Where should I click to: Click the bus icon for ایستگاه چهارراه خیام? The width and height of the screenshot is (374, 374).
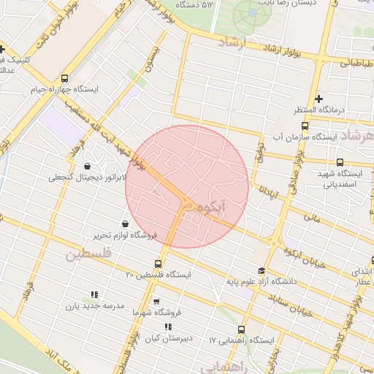pos(65,78)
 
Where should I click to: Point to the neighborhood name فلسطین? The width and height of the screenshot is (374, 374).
pos(88,255)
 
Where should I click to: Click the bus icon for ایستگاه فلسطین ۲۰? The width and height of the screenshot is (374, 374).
pos(159,264)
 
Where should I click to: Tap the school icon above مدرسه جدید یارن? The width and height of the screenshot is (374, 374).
pos(93,294)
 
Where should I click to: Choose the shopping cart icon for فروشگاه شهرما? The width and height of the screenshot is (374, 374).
pos(156,300)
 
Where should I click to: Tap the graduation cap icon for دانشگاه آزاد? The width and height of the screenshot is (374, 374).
pos(261,270)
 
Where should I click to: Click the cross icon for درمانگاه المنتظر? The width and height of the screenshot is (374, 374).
pos(318,99)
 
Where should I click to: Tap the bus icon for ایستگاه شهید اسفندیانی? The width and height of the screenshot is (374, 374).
pos(340,162)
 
